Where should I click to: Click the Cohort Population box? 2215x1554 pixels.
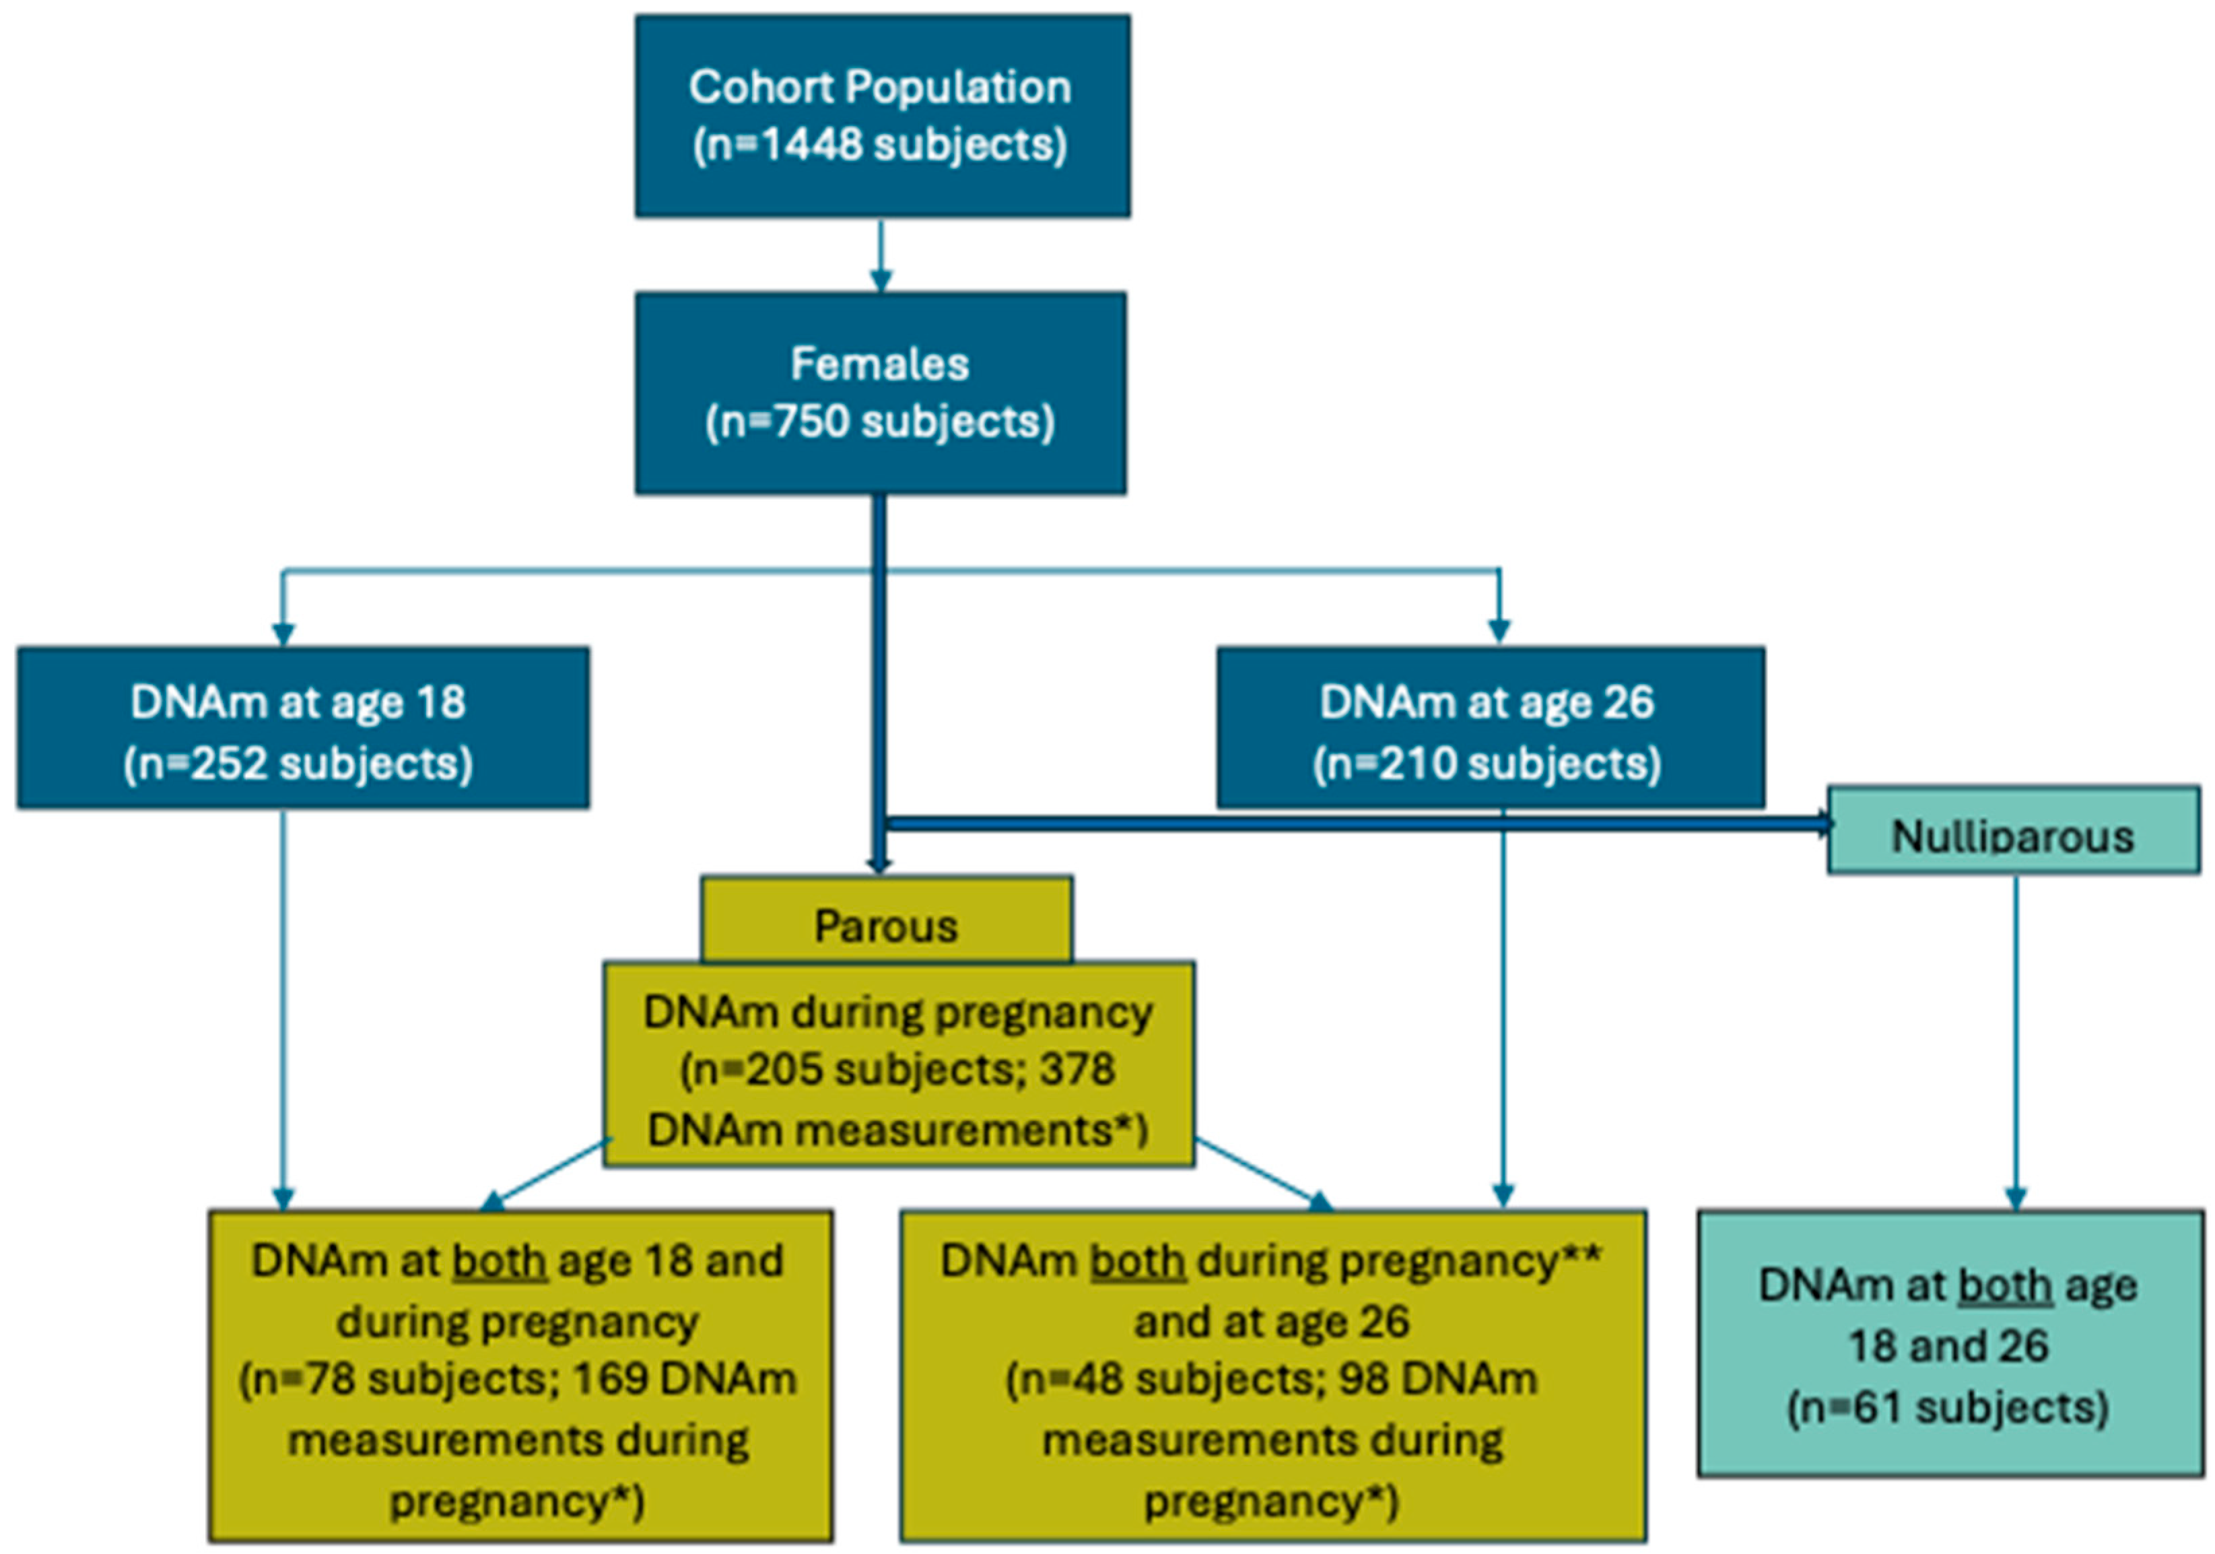click(882, 116)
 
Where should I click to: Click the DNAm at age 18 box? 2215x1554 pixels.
click(302, 727)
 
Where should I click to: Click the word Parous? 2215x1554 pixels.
click(885, 926)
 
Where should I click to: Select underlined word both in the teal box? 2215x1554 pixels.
click(2005, 1287)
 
